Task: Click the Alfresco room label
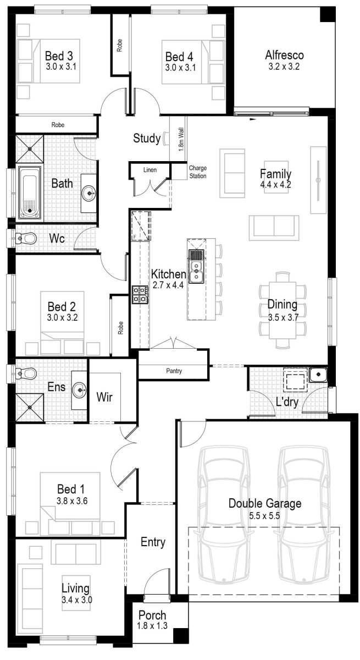284,55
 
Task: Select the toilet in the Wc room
25,239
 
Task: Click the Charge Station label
197,172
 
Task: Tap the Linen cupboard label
149,170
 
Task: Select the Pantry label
174,371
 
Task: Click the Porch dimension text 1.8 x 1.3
152,626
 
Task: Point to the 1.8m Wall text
181,141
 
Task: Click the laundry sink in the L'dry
317,375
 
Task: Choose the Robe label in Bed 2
120,327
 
